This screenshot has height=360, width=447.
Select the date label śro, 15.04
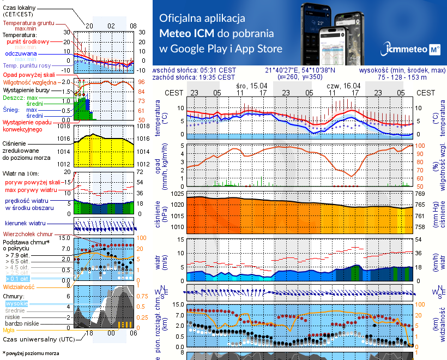click(252, 86)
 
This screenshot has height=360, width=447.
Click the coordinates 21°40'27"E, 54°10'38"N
click(300, 70)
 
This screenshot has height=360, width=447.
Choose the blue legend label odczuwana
click(21, 53)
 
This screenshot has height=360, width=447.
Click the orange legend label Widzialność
click(19, 286)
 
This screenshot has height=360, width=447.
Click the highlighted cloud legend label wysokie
click(16, 303)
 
